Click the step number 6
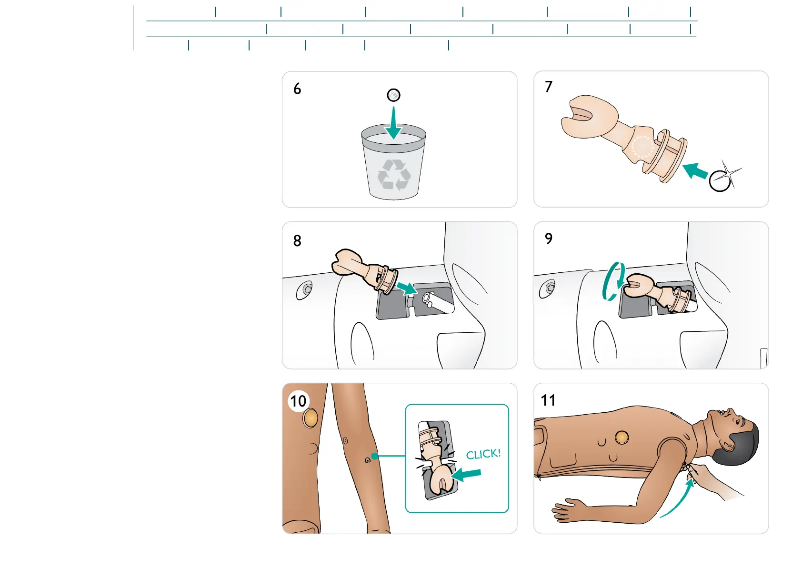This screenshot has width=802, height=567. (x=297, y=89)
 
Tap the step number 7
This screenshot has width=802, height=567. (x=549, y=87)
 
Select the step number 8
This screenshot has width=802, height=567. (x=297, y=241)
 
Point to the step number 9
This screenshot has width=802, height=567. (x=549, y=239)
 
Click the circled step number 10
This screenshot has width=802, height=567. (x=299, y=401)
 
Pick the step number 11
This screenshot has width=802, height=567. (x=548, y=400)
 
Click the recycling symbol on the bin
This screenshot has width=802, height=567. (x=394, y=174)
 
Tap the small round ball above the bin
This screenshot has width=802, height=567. (x=393, y=95)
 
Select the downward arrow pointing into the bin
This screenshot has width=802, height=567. (x=393, y=123)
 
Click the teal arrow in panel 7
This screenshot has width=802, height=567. (x=695, y=170)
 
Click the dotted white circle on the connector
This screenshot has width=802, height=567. (x=642, y=147)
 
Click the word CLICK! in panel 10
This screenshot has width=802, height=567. (x=483, y=454)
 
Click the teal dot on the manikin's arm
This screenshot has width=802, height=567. (x=375, y=456)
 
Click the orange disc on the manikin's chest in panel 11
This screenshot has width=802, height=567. (x=622, y=437)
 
